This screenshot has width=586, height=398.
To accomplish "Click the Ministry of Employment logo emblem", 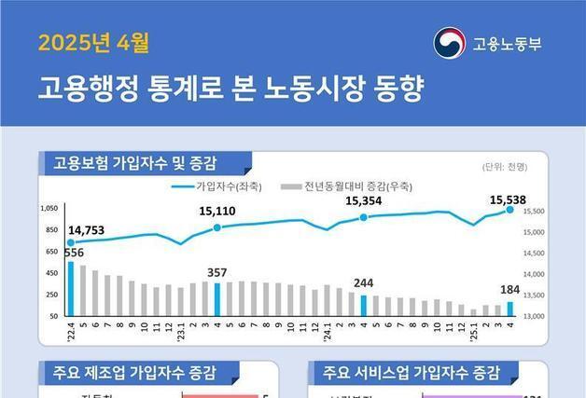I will point(447,43).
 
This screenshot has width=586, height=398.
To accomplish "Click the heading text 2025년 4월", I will point(93,43).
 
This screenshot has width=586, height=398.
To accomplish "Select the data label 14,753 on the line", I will point(87,230).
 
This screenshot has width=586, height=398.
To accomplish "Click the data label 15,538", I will point(509,199).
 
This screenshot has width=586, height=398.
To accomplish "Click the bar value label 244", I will point(364,283).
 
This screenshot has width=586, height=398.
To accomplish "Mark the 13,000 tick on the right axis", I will point(533,316).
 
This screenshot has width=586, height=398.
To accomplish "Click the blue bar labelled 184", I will point(509,308).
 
